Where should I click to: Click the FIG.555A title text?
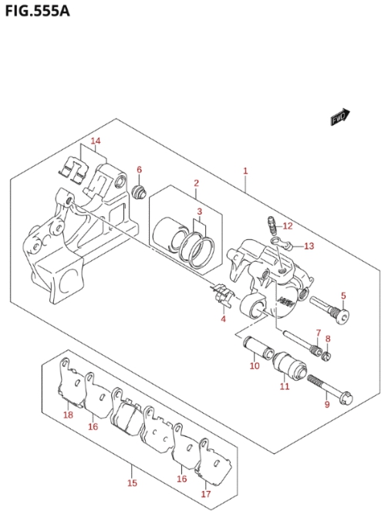click(x=37, y=11)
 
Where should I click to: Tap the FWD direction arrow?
click(x=340, y=117)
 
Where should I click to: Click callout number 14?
click(x=96, y=141)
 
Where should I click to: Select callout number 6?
click(x=139, y=170)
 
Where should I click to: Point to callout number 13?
click(x=309, y=246)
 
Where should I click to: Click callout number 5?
click(x=343, y=296)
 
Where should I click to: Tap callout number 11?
click(x=285, y=386)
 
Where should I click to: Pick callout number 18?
click(x=68, y=415)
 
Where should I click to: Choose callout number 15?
click(x=132, y=483)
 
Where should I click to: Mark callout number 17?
click(x=206, y=494)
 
